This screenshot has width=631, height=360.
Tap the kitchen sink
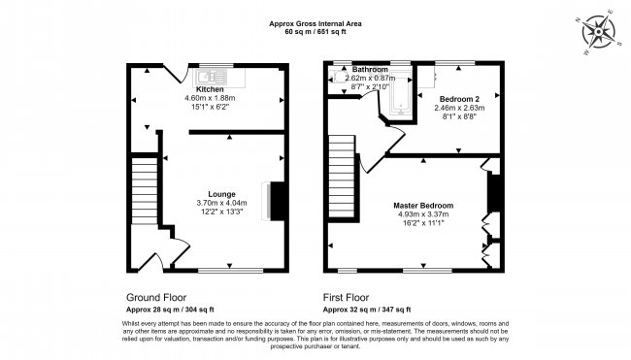(214, 74)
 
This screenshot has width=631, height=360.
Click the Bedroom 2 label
(458, 99)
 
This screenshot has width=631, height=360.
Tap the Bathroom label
(369, 70)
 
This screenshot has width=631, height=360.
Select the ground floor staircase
(143, 194)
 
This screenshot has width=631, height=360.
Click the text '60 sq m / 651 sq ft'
(315, 31)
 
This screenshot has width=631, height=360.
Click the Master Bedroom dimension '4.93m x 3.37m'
(422, 215)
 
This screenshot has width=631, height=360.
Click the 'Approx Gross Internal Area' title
(315, 21)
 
